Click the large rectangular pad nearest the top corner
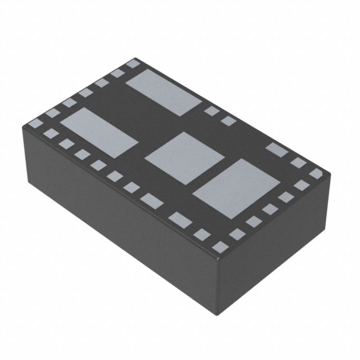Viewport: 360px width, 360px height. coord(163,92)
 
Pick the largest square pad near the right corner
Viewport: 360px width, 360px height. coord(236,183)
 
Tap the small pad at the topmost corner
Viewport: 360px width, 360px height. coord(133,64)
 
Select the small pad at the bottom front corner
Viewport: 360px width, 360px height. coord(221,246)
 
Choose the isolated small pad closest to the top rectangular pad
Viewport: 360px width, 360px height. coord(211,111)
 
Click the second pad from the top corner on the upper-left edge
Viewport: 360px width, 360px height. coord(117,73)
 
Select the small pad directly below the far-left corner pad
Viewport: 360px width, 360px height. coord(51,133)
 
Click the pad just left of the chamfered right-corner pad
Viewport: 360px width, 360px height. coord(299,163)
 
